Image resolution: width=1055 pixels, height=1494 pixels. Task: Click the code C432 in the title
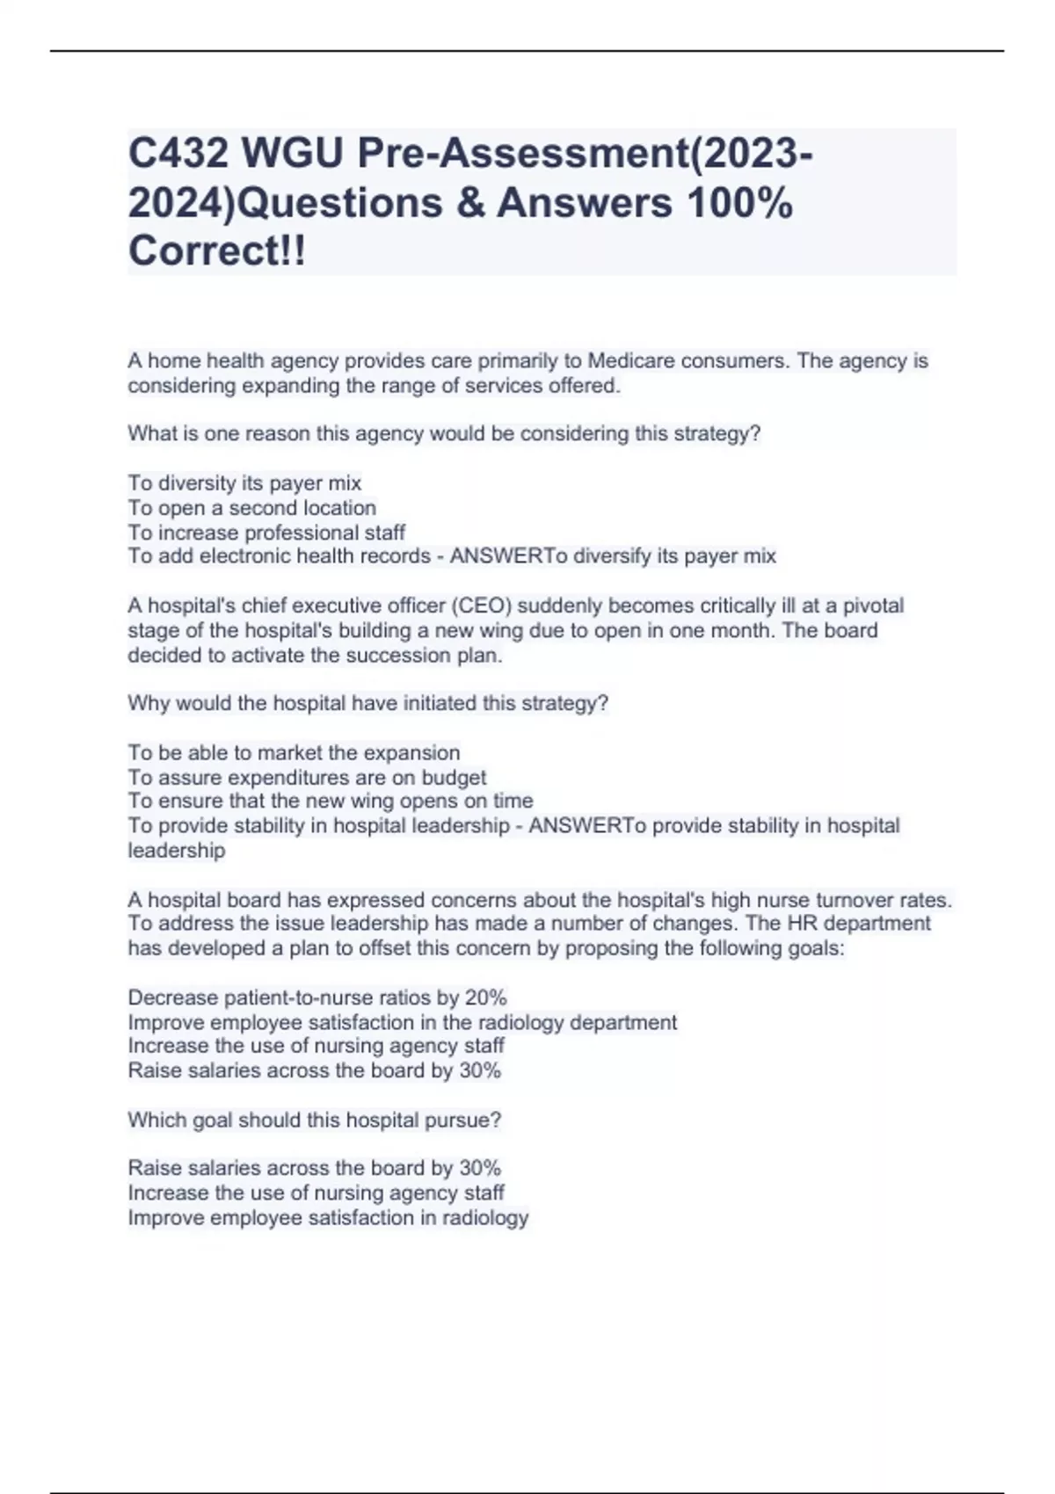coord(178,155)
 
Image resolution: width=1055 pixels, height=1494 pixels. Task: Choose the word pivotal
coord(873,606)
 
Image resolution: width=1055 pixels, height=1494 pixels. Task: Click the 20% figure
coord(485,997)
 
